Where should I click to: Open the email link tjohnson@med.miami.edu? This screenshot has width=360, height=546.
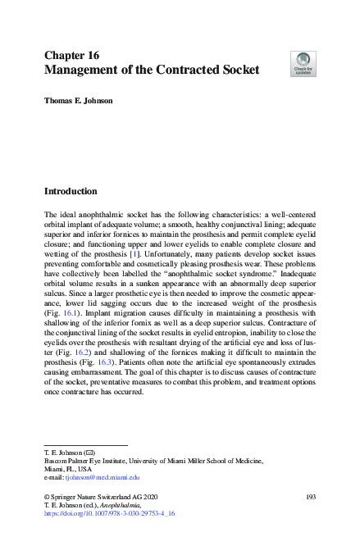coord(104,476)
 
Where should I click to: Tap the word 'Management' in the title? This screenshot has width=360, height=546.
coord(86,71)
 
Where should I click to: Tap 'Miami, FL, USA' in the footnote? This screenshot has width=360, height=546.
coord(68,468)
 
